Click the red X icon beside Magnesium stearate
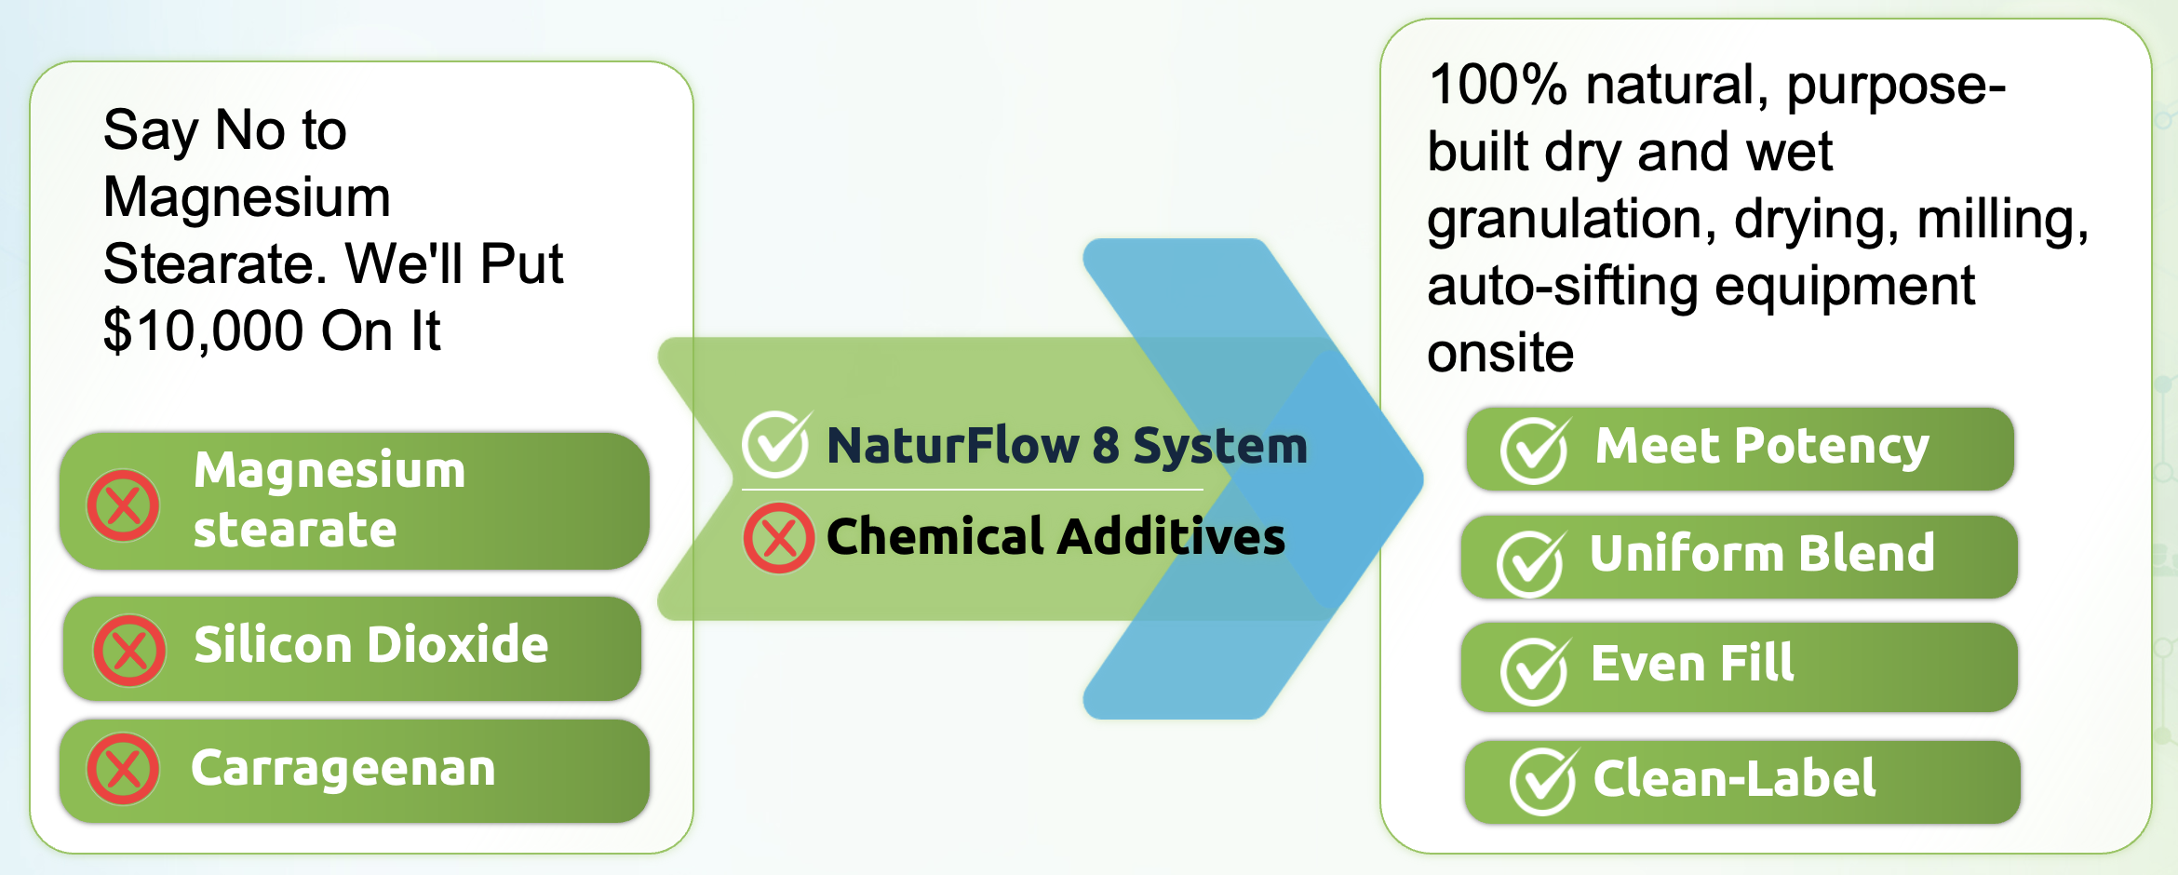tap(123, 505)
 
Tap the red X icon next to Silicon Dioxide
tap(129, 651)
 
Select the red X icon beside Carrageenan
tap(123, 769)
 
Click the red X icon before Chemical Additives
tap(779, 538)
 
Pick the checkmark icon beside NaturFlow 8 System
tap(776, 444)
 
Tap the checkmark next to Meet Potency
tap(1535, 450)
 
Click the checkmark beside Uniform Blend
tap(1531, 563)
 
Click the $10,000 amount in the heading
tap(204, 331)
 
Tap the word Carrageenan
tap(343, 770)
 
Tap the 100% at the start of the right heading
tap(1498, 85)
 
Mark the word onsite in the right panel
tap(1500, 354)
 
